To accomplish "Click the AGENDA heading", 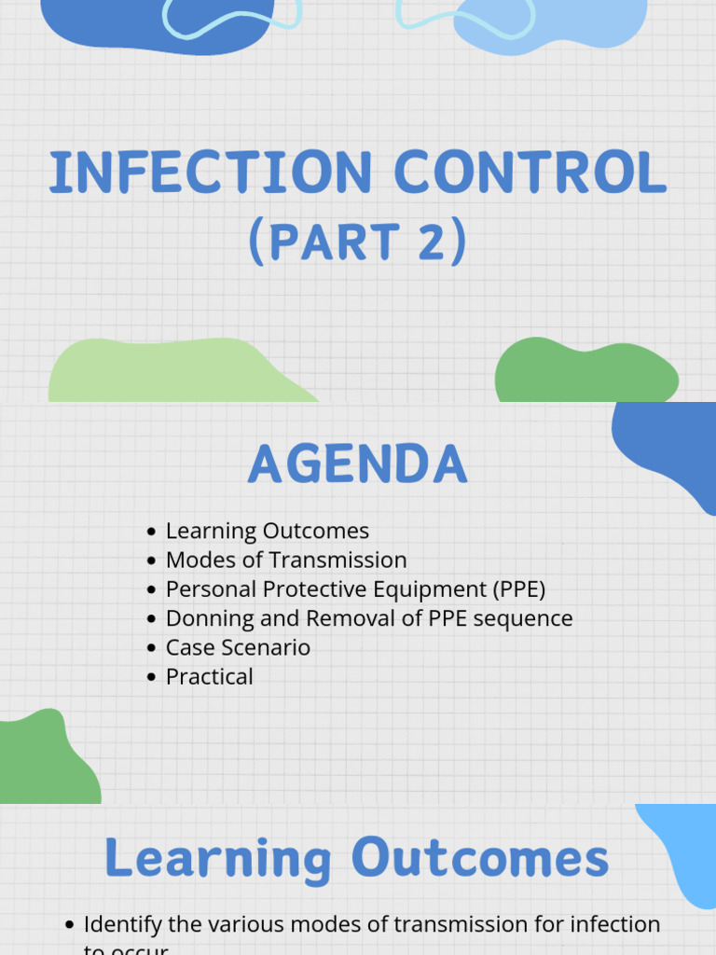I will [357, 464].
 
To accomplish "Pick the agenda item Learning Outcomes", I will [268, 531].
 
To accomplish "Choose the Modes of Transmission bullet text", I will [286, 560].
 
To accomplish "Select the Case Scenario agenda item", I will [238, 647].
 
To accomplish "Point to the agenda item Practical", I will [209, 676].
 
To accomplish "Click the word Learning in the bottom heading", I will [217, 858].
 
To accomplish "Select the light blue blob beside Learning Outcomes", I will [685, 849].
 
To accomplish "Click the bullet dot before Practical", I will [152, 677].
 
